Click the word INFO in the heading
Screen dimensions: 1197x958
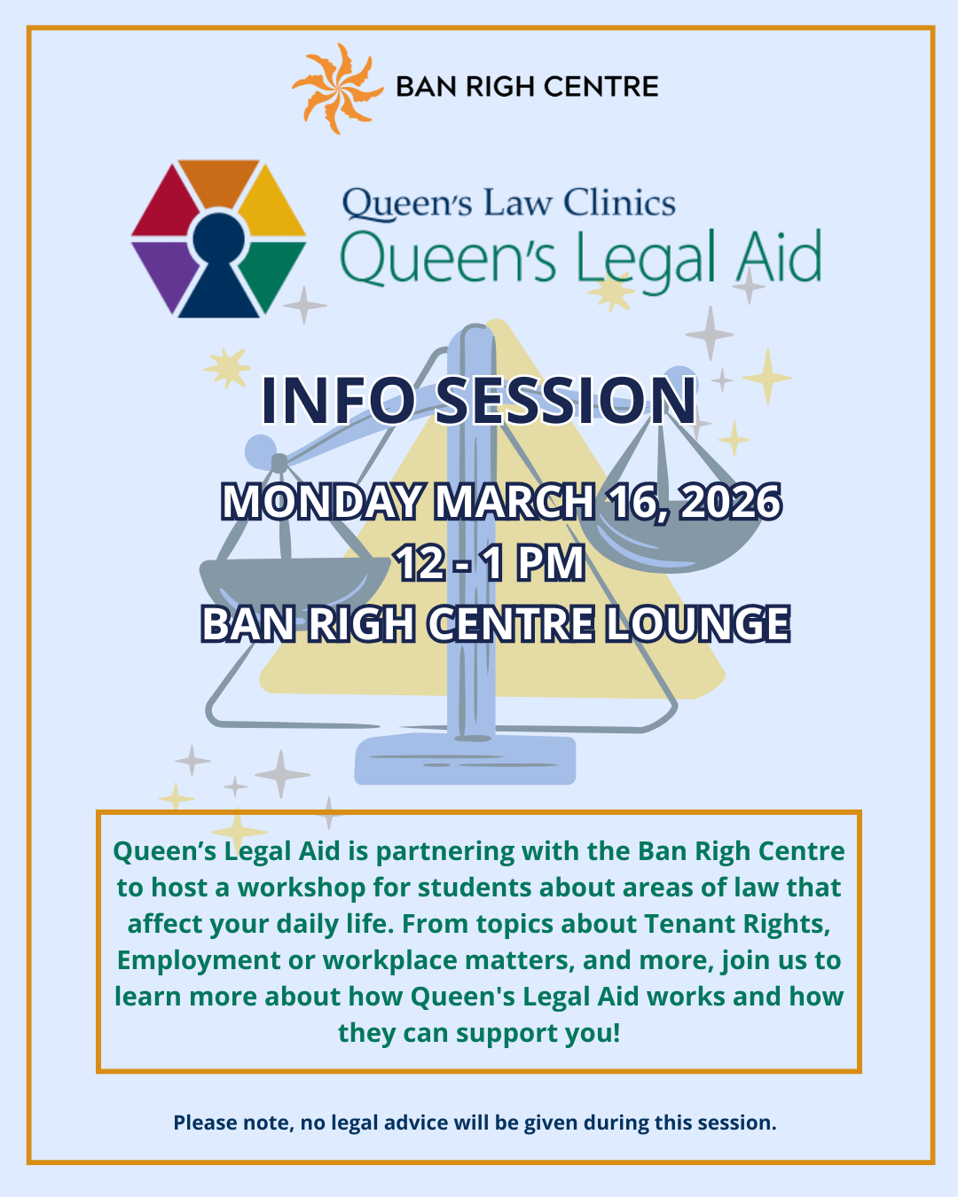(x=338, y=400)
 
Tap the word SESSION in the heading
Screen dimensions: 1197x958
(x=566, y=400)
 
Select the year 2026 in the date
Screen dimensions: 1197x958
(x=731, y=503)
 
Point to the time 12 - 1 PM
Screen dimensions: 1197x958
(x=490, y=563)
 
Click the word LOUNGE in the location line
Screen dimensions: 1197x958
(x=697, y=624)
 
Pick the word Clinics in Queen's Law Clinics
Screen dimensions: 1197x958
(x=619, y=203)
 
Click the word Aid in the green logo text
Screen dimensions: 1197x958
(x=778, y=258)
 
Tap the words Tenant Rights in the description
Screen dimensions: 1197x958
(x=737, y=924)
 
